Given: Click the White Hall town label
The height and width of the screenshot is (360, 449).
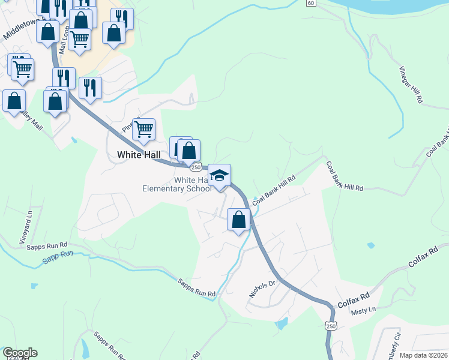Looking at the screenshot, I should [x=139, y=155].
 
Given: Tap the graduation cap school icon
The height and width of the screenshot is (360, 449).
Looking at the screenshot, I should [x=220, y=176].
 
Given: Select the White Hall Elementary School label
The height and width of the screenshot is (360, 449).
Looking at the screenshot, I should [x=176, y=184].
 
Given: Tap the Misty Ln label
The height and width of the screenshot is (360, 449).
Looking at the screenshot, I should [x=363, y=310].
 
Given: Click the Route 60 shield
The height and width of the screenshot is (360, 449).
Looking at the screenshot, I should [x=310, y=3].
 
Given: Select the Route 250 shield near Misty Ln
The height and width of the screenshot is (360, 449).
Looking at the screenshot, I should [x=331, y=326].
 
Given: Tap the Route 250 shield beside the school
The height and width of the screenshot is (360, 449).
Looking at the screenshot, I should [x=196, y=167].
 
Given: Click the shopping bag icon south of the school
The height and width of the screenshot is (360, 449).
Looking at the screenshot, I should [x=239, y=220].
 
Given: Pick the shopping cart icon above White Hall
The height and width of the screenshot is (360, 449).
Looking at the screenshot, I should [x=143, y=128].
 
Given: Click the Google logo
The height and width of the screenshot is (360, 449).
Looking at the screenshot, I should [x=20, y=353].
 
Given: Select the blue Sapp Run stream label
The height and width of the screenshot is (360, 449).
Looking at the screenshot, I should [x=58, y=259].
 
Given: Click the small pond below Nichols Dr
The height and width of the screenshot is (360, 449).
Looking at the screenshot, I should [x=280, y=325].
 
